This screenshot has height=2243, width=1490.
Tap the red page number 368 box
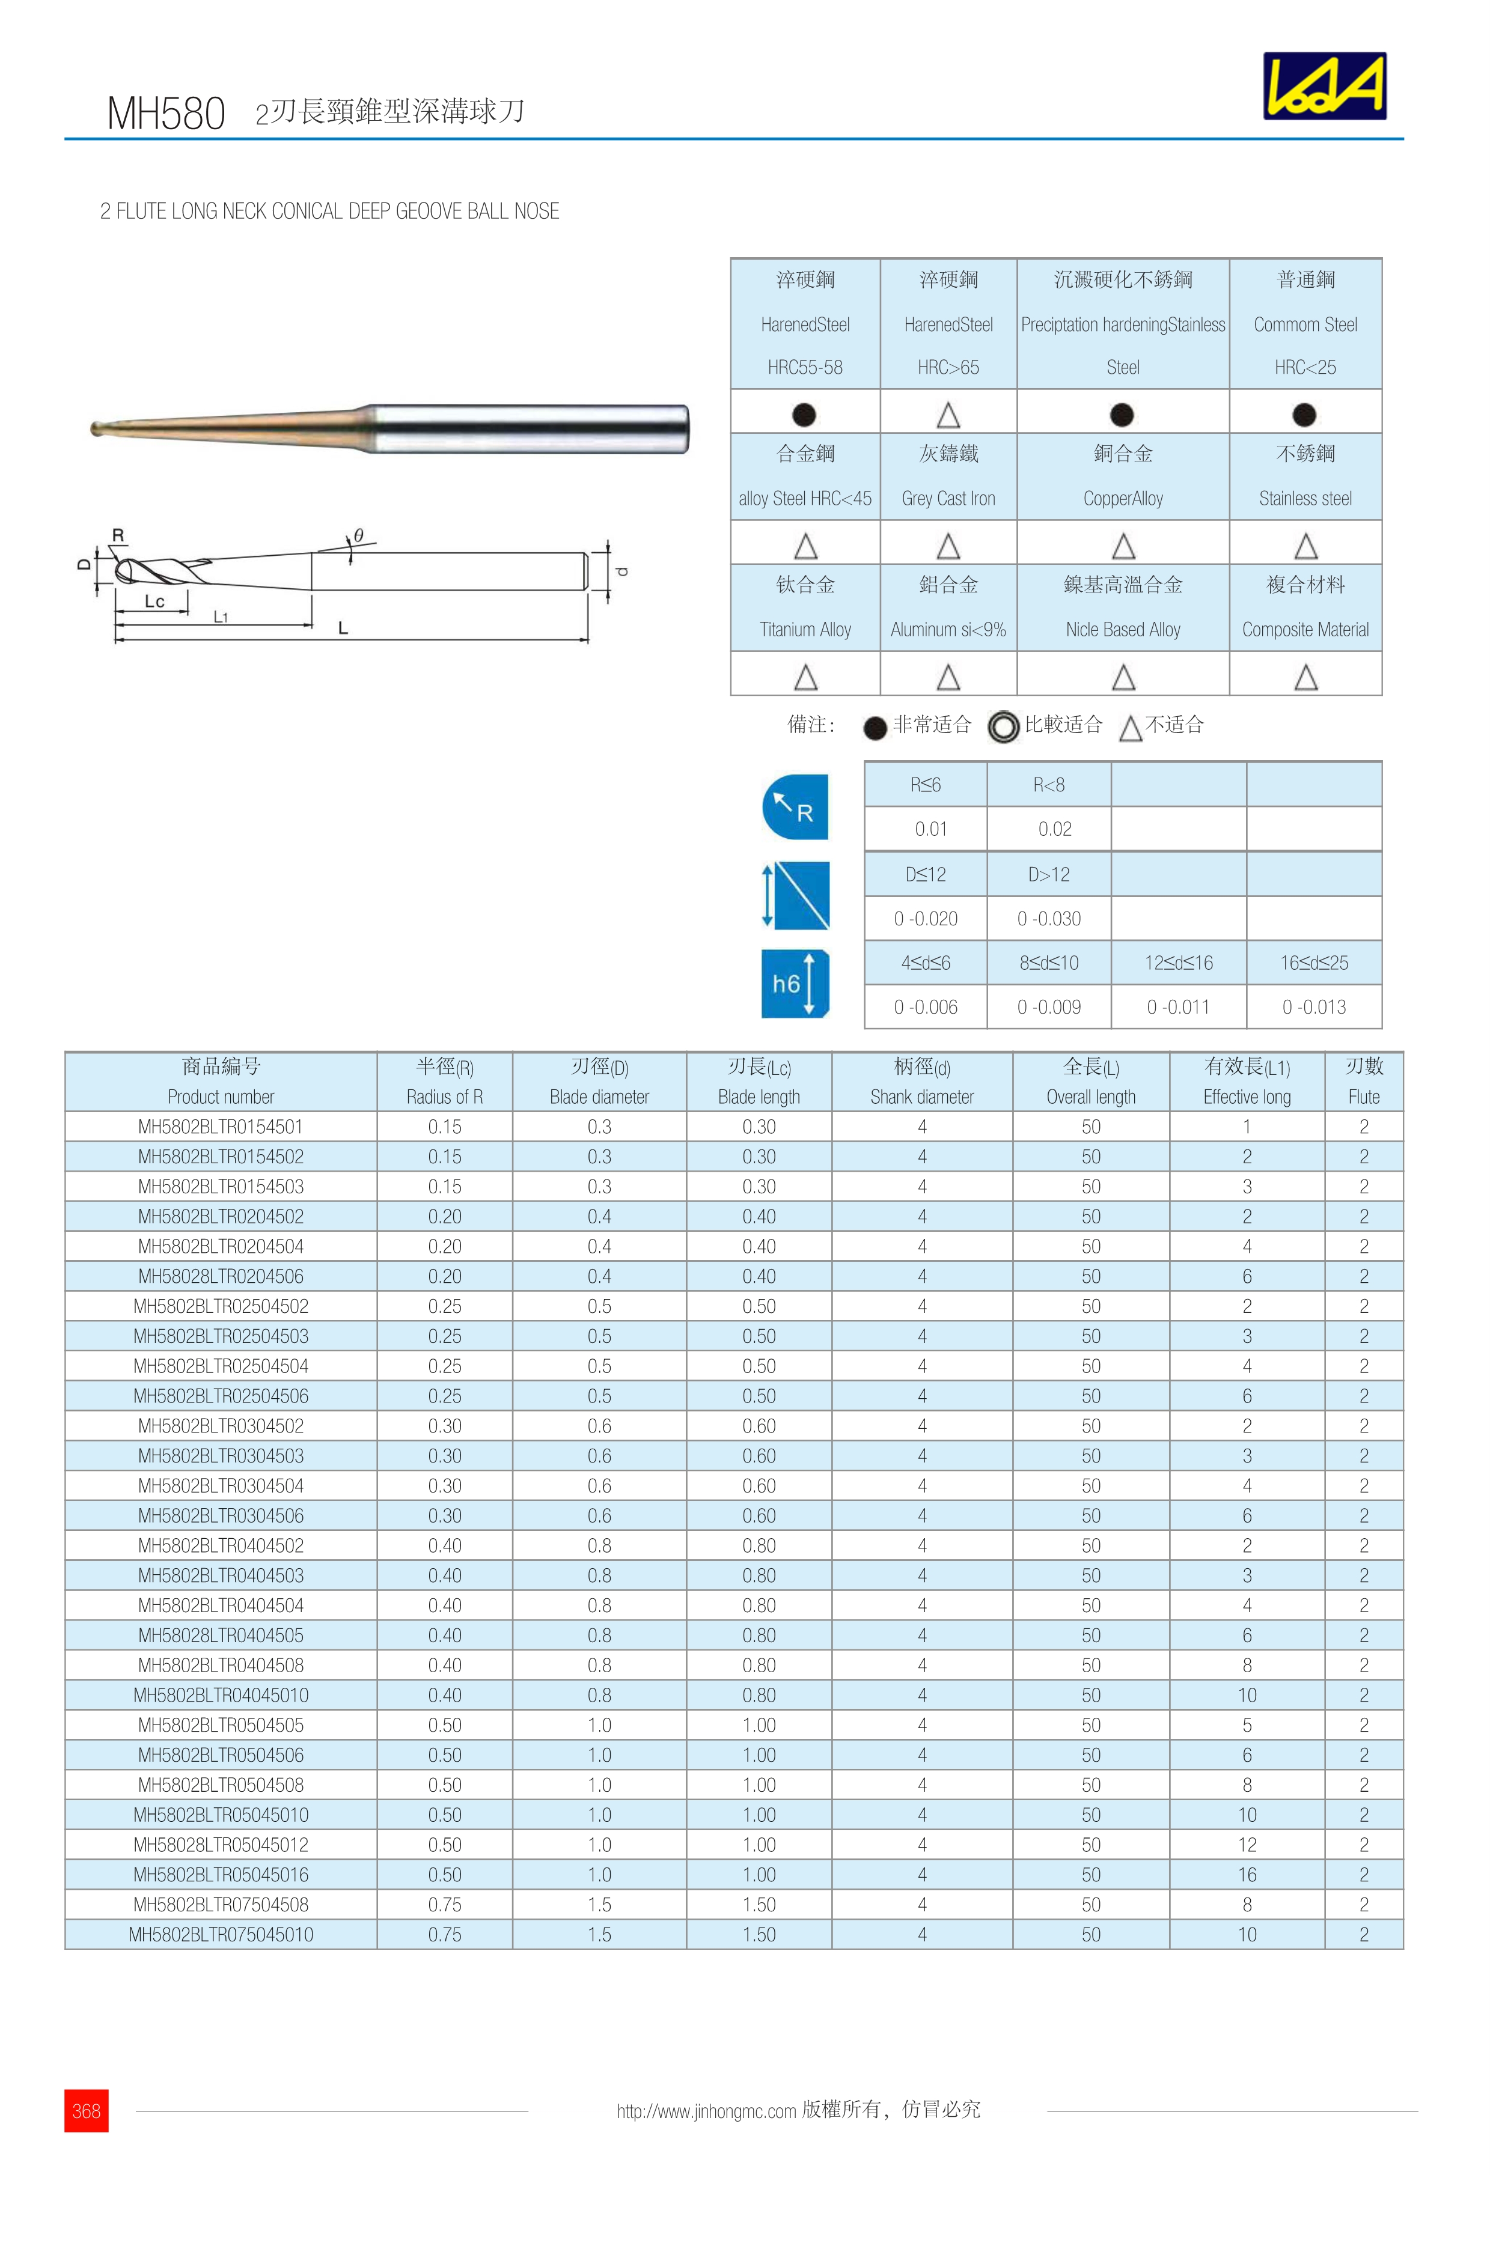click(87, 2110)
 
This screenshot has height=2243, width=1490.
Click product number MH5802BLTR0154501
click(221, 1127)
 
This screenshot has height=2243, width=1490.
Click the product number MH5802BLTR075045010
click(221, 1934)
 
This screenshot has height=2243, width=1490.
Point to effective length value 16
click(1247, 1875)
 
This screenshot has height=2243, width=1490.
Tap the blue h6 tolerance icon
click(795, 983)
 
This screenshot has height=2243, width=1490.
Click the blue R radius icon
click(795, 808)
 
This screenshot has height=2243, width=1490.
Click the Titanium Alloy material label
click(805, 629)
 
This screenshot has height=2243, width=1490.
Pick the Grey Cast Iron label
click(948, 498)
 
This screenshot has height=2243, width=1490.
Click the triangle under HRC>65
click(948, 415)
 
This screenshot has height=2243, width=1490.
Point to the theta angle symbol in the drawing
click(358, 536)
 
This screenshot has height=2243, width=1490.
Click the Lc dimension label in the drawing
click(154, 601)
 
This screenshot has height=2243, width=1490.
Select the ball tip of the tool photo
click(97, 428)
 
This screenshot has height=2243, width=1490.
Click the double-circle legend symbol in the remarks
click(1004, 727)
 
